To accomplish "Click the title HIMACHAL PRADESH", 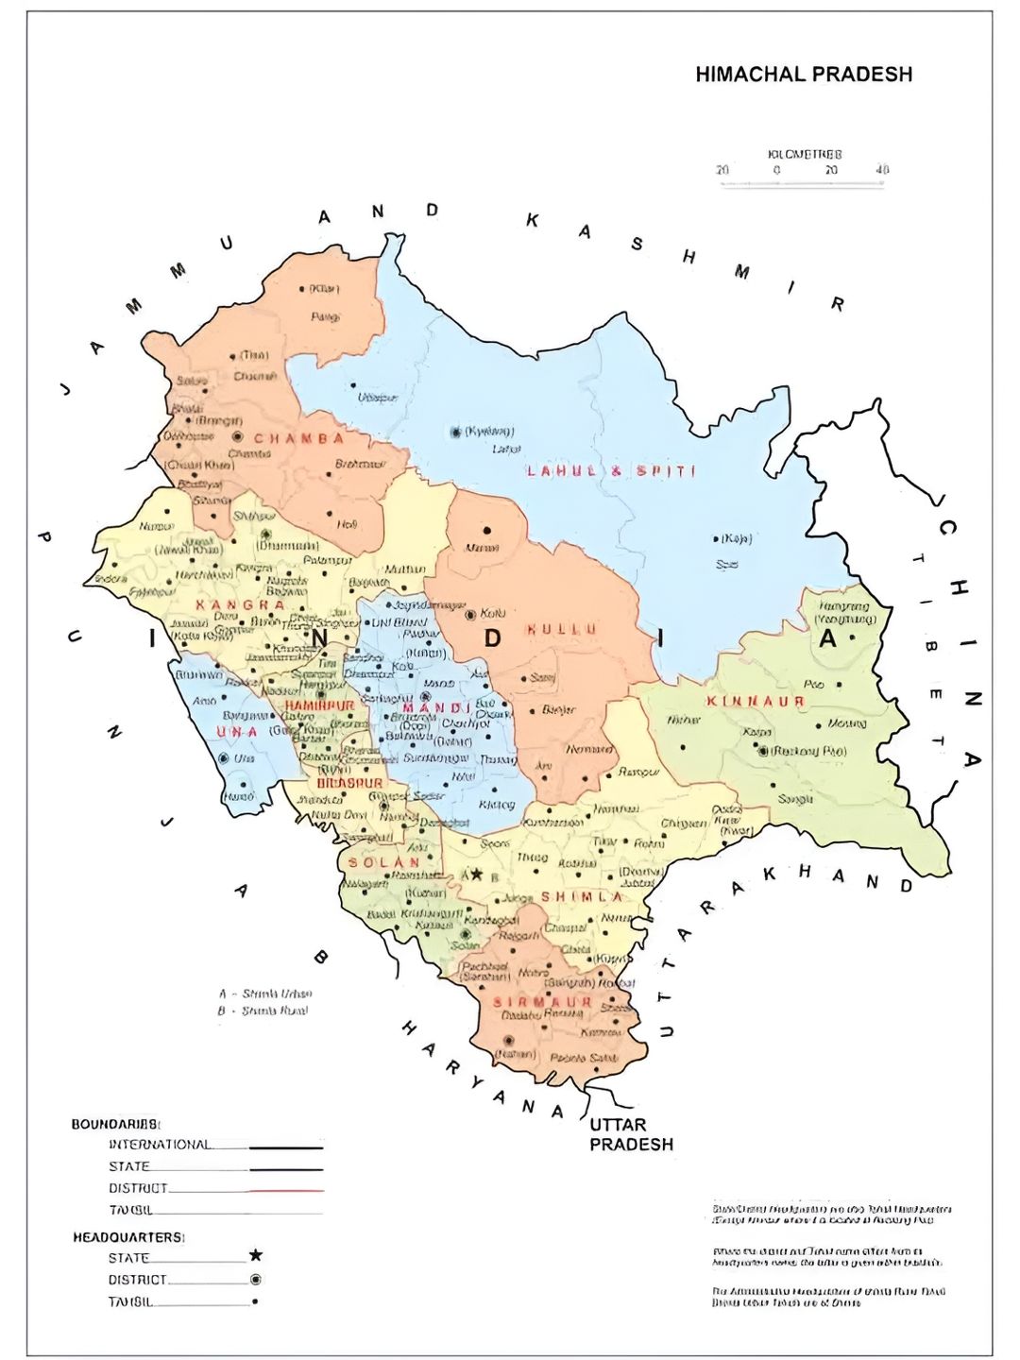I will point(804,75).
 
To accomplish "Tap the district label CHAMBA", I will point(299,439).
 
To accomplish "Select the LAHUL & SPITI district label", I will point(611,470).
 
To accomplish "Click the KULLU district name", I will point(562,629).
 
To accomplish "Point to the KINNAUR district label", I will point(756,701).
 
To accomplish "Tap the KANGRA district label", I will point(240,604).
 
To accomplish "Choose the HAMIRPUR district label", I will point(319,705).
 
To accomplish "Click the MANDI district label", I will point(435,708).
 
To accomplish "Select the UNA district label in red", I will point(237,732).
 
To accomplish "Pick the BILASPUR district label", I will point(349,783).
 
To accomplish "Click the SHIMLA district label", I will point(583,896).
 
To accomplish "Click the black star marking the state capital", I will point(477,875).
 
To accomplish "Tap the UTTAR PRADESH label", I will point(632,1134).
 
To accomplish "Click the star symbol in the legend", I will point(255,1255).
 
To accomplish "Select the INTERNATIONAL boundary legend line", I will point(286,1147).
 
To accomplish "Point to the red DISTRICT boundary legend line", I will point(286,1191).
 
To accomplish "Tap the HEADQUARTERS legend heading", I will point(128,1236).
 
